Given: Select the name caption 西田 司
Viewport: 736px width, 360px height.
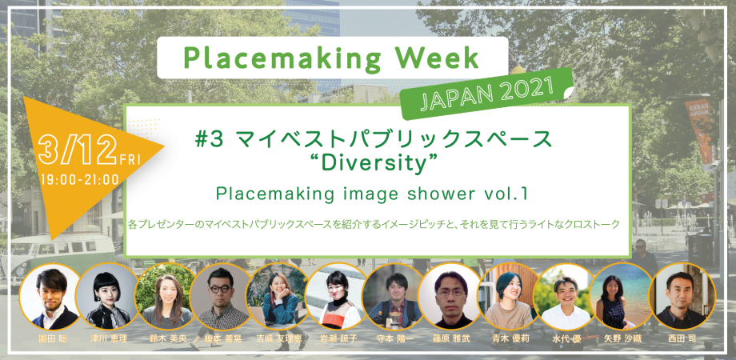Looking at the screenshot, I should (x=682, y=338).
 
